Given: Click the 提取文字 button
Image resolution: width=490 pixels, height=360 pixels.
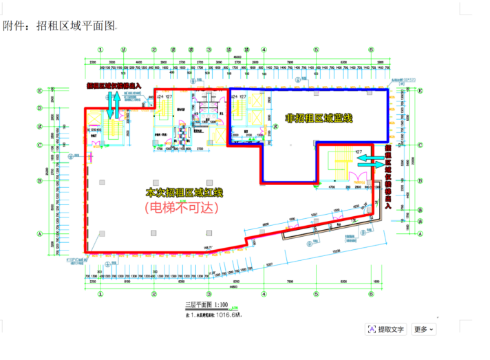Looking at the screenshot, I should pos(386,329).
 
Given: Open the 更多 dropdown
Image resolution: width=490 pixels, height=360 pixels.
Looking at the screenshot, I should pos(423,329).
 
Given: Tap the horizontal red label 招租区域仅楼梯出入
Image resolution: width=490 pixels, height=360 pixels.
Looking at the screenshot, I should pos(114,86).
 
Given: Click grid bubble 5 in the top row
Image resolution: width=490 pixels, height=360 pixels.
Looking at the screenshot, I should pos(316,50).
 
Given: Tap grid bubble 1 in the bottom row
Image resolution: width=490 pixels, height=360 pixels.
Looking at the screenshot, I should pos(100,293).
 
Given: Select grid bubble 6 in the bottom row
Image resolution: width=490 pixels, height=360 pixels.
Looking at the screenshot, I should pos(370,293).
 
